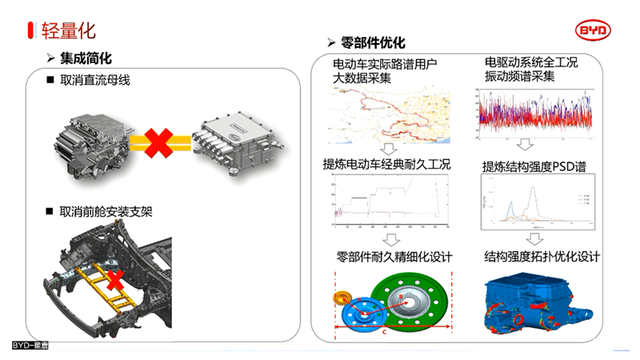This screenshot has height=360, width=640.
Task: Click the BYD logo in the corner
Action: pyautogui.click(x=594, y=30)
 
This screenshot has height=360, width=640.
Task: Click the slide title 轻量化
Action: pyautogui.click(x=68, y=30)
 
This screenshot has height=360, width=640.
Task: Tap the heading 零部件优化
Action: pyautogui.click(x=373, y=42)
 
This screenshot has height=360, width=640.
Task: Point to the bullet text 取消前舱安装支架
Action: pyautogui.click(x=106, y=212)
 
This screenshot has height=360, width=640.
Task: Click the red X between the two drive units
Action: pyautogui.click(x=160, y=144)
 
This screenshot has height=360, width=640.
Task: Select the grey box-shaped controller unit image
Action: pyautogui.click(x=239, y=144)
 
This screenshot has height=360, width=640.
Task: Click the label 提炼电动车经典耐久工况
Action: pyautogui.click(x=387, y=165)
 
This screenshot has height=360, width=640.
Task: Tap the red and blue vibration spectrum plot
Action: pyautogui.click(x=534, y=110)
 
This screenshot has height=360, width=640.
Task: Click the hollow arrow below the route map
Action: pyautogui.click(x=388, y=149)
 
